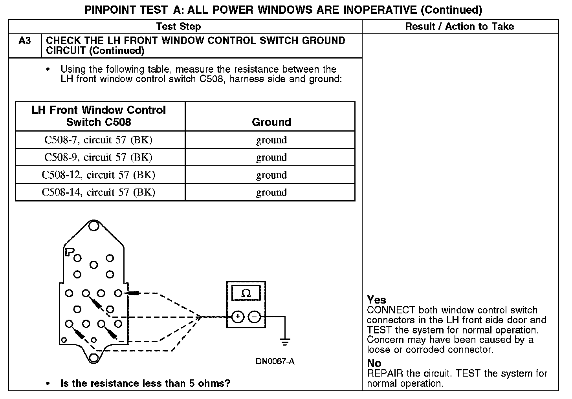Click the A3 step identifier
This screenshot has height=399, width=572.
tap(24, 41)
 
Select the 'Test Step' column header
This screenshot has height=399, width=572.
tap(178, 27)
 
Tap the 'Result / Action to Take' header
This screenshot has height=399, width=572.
tap(459, 27)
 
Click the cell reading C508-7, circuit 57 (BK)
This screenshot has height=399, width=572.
tap(98, 140)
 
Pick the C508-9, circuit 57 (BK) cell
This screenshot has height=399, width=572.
tap(98, 157)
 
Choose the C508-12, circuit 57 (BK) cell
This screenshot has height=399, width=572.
tap(98, 175)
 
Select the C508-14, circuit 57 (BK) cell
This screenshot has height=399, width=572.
tap(98, 192)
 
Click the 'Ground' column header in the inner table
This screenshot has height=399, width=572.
tap(271, 122)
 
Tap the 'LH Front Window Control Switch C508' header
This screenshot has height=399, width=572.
tap(99, 116)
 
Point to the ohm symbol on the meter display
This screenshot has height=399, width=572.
tap(246, 293)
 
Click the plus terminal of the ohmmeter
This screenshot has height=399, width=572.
tap(237, 317)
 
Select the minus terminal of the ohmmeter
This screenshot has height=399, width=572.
tap(255, 317)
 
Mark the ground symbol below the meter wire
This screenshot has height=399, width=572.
tap(285, 341)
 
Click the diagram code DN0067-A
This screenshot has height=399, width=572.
tap(275, 361)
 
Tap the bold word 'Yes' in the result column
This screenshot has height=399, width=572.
tap(376, 300)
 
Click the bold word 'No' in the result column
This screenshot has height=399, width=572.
tap(374, 363)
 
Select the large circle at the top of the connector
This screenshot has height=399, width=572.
tap(93, 226)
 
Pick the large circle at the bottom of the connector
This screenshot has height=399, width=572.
tap(93, 357)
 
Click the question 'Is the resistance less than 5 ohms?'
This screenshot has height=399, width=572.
tap(145, 383)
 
